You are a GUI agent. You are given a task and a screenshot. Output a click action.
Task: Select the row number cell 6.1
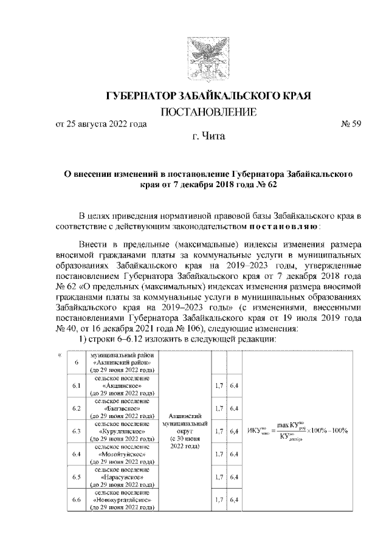point(77,385)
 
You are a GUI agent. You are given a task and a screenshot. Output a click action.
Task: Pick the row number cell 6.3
point(77,431)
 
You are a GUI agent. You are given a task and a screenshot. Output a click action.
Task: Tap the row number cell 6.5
point(77,477)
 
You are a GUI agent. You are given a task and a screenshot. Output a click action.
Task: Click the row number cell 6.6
point(77,500)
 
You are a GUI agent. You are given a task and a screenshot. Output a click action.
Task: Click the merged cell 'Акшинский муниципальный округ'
point(186,431)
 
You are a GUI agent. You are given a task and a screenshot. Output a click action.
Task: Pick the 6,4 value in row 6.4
point(234,454)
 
